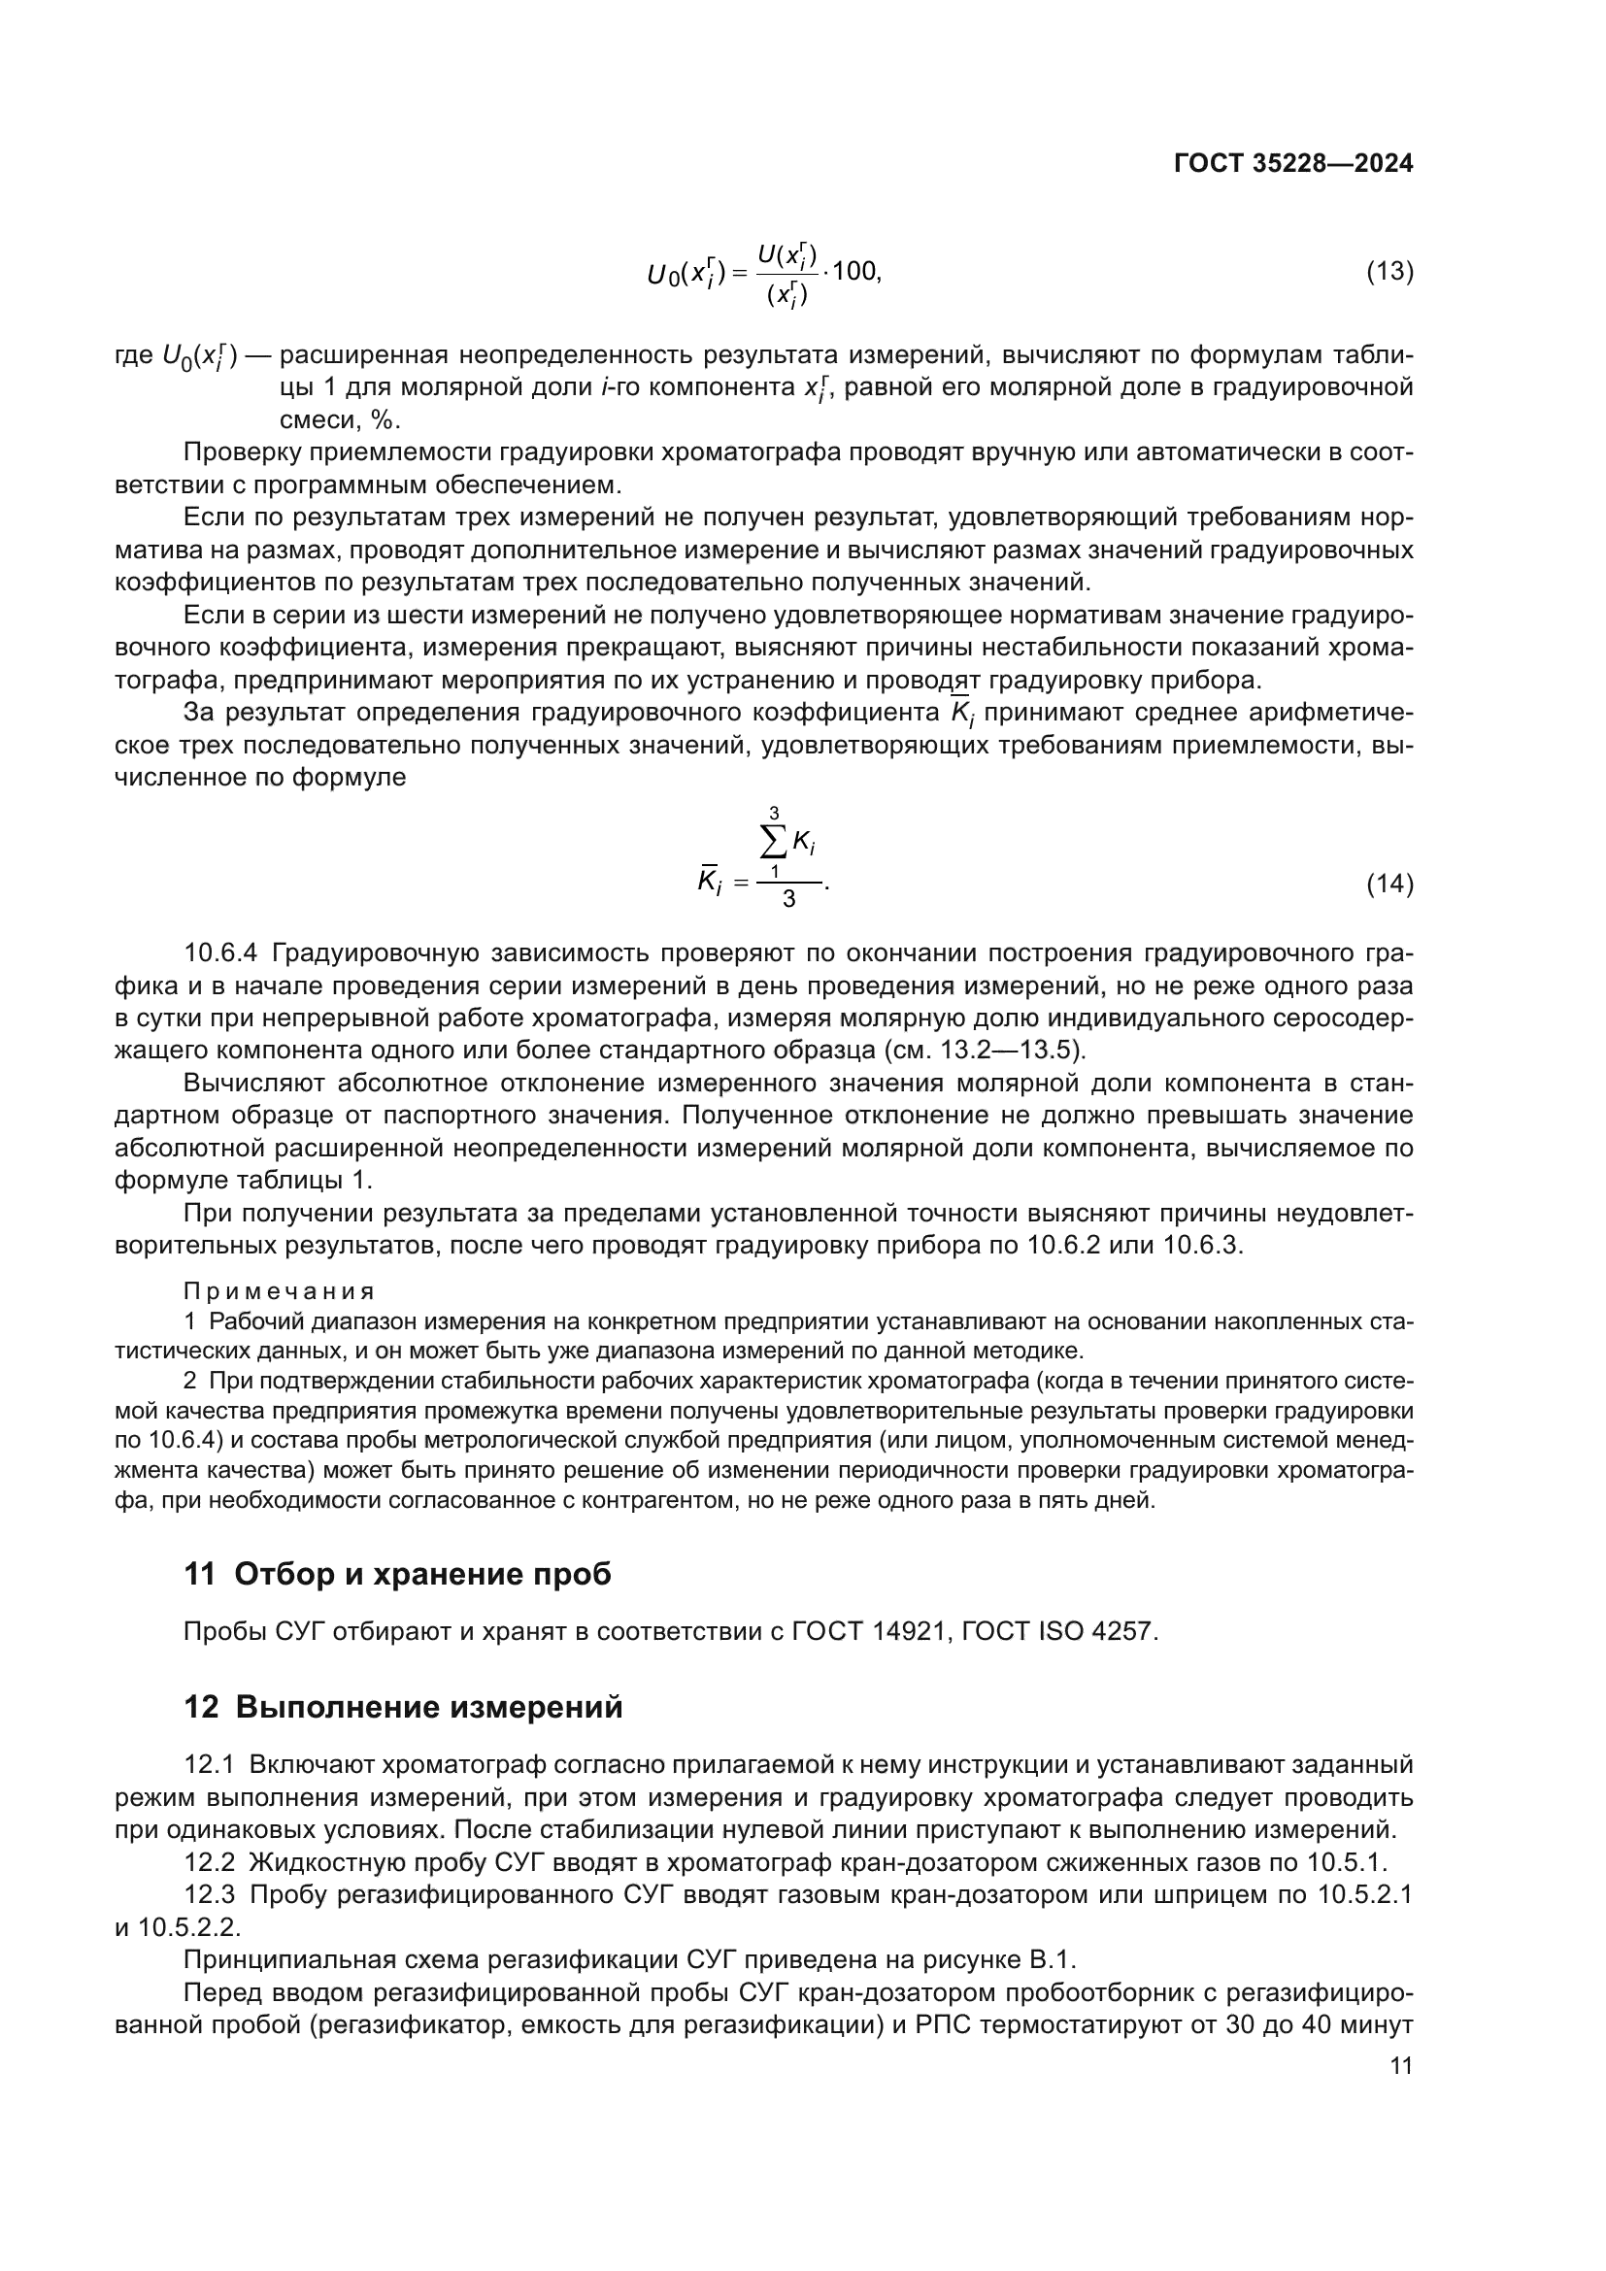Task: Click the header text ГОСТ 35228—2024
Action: coord(1292,164)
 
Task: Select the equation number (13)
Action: coord(1389,271)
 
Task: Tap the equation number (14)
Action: coord(1389,884)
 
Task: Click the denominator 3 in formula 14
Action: coord(788,899)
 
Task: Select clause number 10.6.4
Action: coord(220,952)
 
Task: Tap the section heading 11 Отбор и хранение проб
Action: coord(397,1574)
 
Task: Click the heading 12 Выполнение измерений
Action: coord(404,1707)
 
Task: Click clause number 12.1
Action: coord(210,1764)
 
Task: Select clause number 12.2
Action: coord(210,1862)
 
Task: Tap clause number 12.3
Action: coord(210,1895)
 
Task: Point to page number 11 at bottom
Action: coord(1400,2066)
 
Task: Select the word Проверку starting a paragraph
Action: coord(235,452)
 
